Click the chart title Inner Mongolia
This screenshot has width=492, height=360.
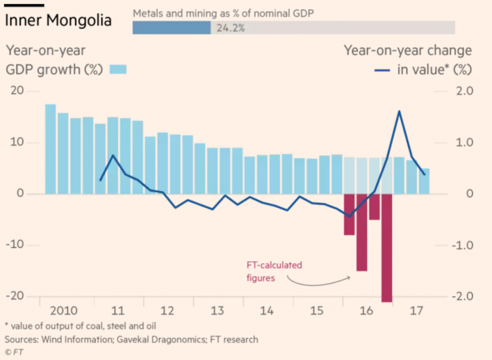click(58, 20)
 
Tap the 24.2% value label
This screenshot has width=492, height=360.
click(227, 28)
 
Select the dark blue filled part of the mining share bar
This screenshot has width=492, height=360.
click(171, 28)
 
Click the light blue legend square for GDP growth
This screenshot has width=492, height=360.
click(119, 69)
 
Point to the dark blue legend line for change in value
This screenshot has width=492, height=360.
click(382, 69)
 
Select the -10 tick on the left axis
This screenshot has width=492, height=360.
click(14, 245)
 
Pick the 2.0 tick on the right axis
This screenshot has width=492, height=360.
click(464, 91)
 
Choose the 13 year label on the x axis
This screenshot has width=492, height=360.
click(217, 310)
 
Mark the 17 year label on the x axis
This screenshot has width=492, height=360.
click(416, 310)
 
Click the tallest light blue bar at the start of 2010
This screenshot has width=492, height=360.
click(51, 149)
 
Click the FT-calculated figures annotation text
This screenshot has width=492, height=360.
click(275, 271)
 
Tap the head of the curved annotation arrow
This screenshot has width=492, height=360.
click(350, 277)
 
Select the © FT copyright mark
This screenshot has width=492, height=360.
click(13, 352)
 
